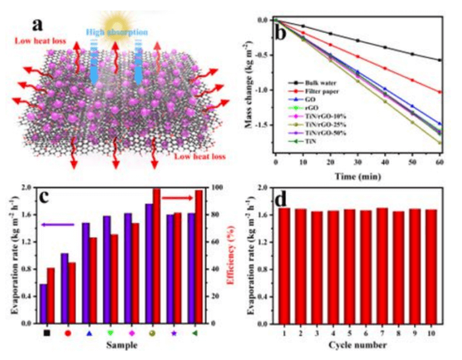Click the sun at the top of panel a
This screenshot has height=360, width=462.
tap(117, 16)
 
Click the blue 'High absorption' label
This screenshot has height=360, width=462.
tap(116, 33)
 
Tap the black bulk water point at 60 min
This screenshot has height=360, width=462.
tap(439, 60)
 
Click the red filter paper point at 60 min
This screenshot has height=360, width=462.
tap(439, 92)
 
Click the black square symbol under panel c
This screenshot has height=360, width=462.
tap(47, 332)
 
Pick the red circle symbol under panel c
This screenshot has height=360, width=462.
tap(68, 332)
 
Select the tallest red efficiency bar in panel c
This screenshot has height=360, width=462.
tap(156, 256)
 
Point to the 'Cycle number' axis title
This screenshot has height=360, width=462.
tap(358, 345)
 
